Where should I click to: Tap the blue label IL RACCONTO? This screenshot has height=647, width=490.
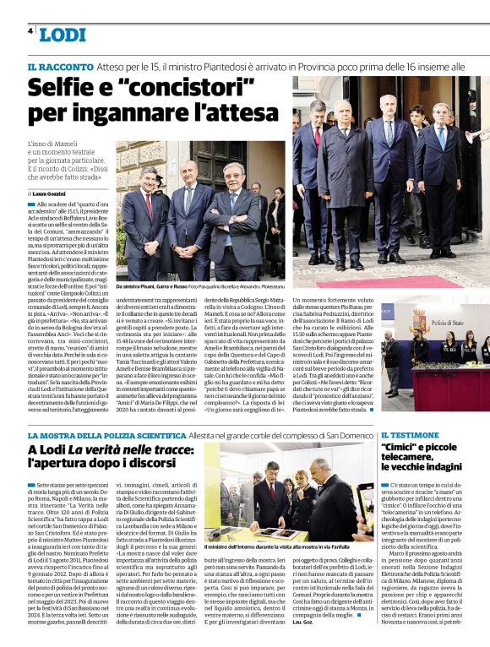point(59,66)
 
